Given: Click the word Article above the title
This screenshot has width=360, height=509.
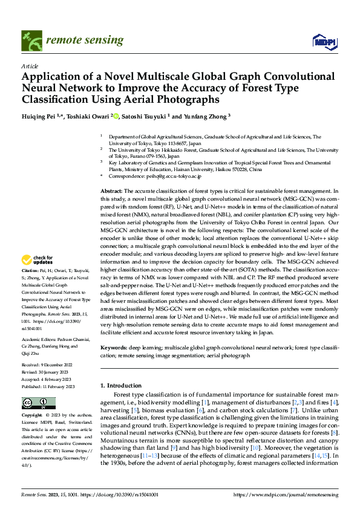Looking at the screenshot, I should tap(29, 65).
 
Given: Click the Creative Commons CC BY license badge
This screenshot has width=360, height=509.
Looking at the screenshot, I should tap(38, 403).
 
